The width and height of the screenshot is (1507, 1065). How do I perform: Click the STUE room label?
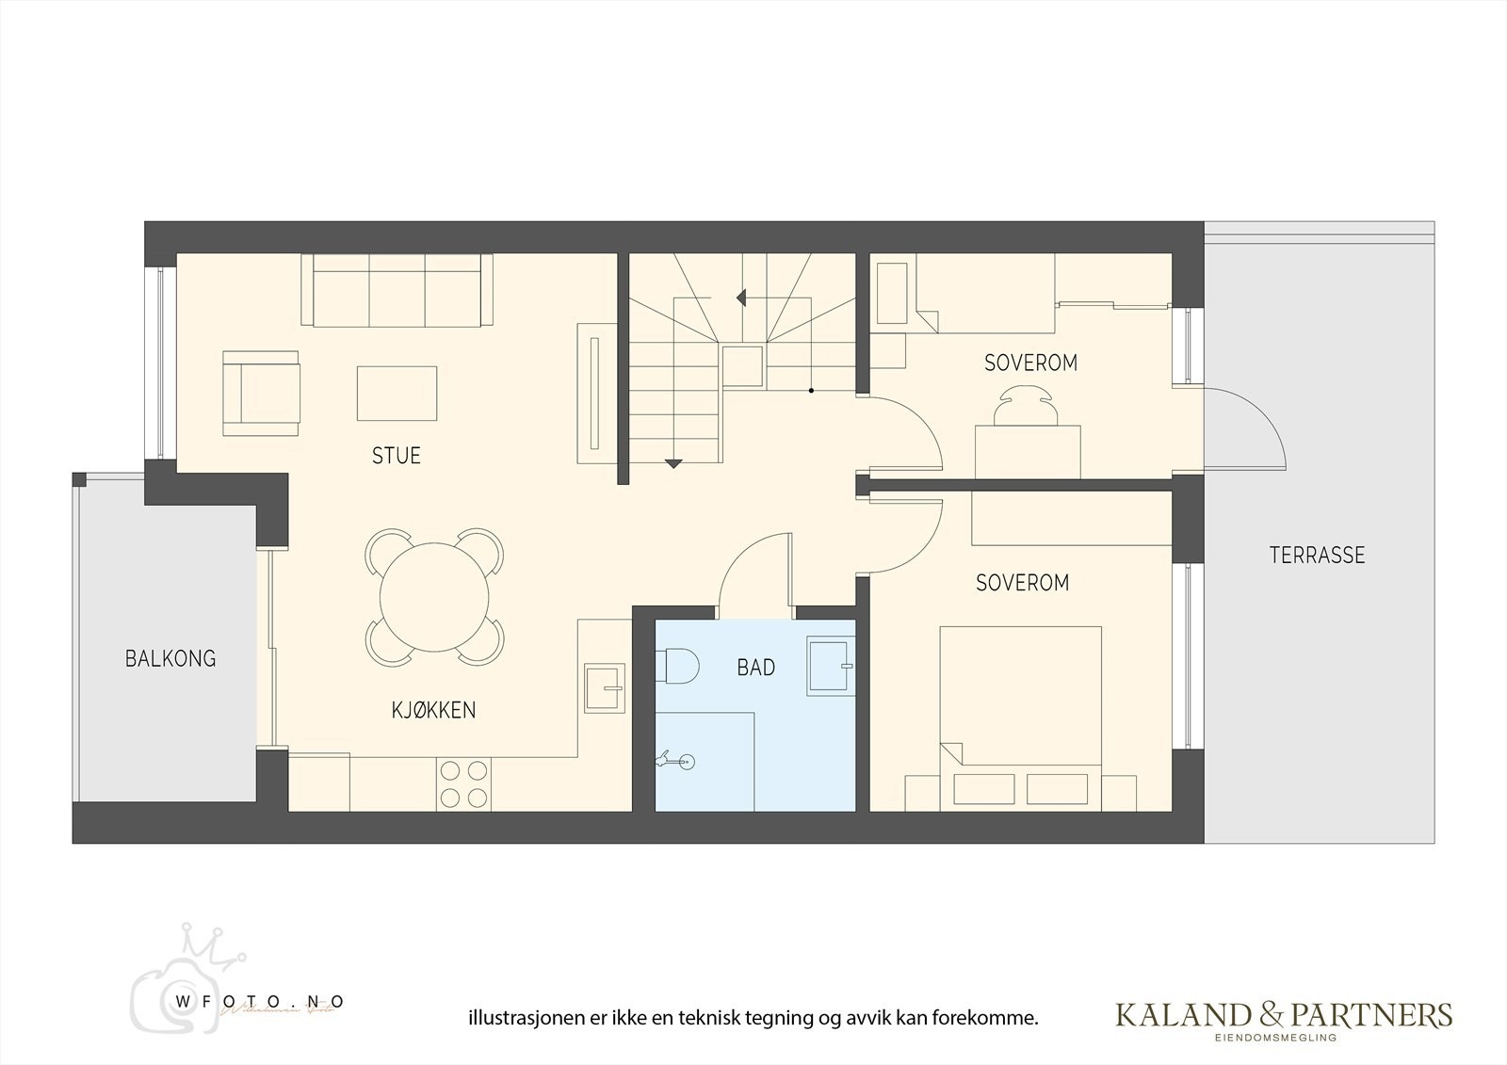[396, 456]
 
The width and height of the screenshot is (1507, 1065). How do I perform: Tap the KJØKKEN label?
[433, 710]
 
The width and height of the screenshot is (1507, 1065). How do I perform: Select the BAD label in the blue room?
[755, 668]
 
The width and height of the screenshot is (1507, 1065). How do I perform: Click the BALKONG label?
[170, 658]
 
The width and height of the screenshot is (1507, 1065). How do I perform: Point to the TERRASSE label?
[1317, 555]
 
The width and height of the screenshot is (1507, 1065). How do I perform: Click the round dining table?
[434, 597]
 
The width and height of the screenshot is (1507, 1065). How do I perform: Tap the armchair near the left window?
[261, 394]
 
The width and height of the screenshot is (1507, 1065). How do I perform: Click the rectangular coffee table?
[397, 393]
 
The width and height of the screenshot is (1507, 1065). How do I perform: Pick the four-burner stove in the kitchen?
[462, 783]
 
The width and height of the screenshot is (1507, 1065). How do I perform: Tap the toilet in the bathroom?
[677, 667]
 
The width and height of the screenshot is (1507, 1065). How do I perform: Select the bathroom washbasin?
[830, 667]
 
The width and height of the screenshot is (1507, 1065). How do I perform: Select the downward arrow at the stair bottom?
[673, 463]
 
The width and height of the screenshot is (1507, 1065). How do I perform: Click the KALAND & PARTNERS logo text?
[1284, 1015]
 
